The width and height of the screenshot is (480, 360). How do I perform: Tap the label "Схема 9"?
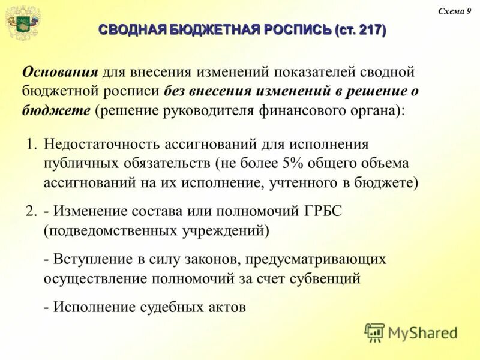[454, 11]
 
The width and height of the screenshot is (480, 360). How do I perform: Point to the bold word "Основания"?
[60, 72]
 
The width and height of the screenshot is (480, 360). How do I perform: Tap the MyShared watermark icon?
[374, 332]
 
